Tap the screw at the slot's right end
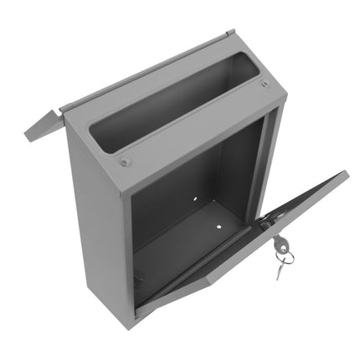(265, 84)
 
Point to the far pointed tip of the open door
(345, 173)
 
